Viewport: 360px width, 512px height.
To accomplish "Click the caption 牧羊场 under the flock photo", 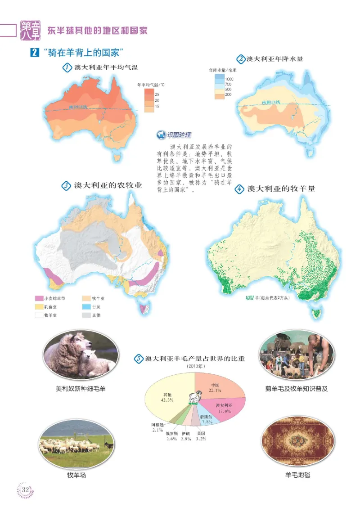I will coord(76,475).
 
